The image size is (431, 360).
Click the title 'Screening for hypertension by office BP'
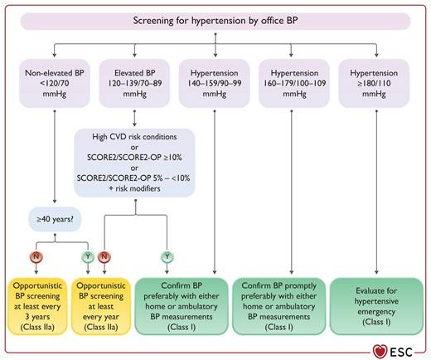pos(215,21)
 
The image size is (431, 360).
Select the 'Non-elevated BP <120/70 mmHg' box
pos(55,83)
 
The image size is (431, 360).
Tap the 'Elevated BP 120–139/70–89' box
pos(134,83)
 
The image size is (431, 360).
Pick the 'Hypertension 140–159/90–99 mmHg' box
pos(215,83)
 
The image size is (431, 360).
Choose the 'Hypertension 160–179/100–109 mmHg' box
pos(294,83)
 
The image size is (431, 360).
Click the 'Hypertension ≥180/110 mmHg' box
pos(374,83)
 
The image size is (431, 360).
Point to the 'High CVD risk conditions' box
pos(134,163)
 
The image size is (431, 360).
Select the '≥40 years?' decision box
pos(55,219)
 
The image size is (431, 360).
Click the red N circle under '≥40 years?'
pos(36,257)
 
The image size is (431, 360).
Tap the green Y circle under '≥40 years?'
pos(88,257)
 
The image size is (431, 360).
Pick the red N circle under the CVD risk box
pos(104,257)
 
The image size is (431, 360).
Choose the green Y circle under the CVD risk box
pos(167,257)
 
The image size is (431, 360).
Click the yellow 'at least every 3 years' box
pos(37,306)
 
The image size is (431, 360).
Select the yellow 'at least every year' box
pos(101,306)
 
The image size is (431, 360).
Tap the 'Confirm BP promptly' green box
pos(279,306)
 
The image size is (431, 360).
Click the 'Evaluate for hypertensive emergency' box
pos(376,306)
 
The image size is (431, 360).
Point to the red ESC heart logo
pos(380,352)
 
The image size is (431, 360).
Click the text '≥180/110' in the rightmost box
pos(374,83)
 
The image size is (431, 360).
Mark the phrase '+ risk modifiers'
pos(134,188)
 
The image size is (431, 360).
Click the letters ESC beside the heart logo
pos(401,352)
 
